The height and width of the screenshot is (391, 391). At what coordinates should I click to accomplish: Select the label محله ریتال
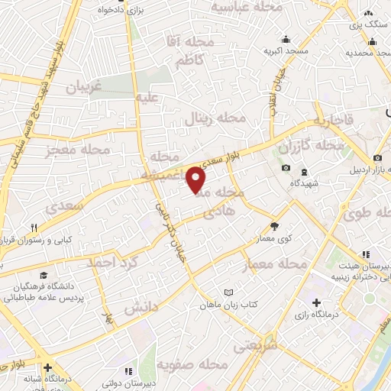click(216, 119)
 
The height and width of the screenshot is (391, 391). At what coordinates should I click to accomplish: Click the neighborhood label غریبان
click(84, 87)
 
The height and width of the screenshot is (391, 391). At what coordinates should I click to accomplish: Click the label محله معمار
click(274, 263)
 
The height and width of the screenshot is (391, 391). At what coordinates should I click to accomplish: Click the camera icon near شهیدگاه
click(286, 167)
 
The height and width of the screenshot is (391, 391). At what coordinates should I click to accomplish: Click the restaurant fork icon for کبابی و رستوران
click(34, 228)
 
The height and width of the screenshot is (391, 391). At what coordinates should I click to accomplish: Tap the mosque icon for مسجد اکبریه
click(286, 40)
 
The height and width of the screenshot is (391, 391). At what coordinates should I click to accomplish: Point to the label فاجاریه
click(328, 121)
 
